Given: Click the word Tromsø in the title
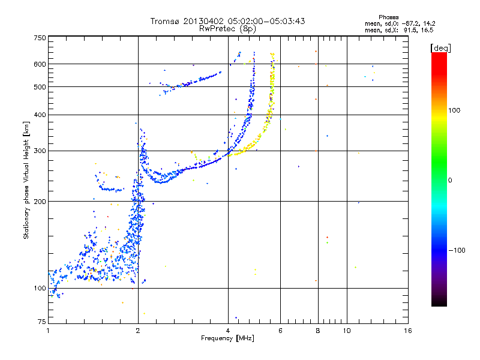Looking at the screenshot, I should pos(165,21).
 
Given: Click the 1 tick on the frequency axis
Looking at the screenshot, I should pos(48,331).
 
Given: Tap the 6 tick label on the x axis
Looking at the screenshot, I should pos(280,331).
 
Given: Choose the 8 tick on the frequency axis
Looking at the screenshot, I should pos(317,331).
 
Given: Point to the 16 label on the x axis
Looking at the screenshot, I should pos(408,331).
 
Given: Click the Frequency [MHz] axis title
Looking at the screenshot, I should pos(227,339).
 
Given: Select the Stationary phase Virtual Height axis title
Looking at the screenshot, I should pos(26,181).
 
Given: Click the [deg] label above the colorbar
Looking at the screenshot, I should pos(440,47).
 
